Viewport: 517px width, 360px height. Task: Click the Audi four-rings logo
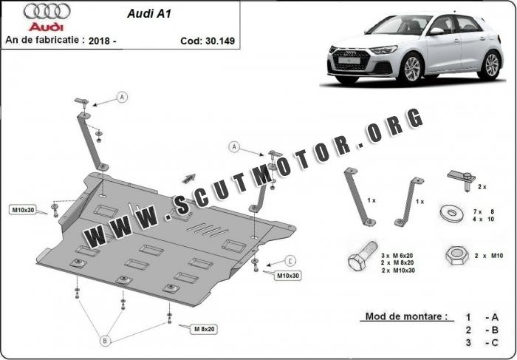tap(47, 11)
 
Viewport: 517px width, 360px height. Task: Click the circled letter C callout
tap(290, 259)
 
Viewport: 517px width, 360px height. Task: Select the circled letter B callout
tap(106, 341)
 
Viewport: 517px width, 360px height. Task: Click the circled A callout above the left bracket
tap(123, 97)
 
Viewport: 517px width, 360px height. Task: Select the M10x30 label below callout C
tap(288, 276)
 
